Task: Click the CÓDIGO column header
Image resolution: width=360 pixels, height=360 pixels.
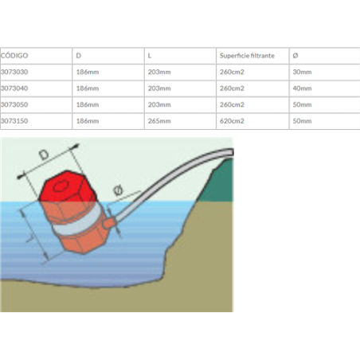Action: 14,56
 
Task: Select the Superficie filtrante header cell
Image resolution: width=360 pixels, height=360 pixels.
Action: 247,56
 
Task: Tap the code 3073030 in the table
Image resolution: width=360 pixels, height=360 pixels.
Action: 14,72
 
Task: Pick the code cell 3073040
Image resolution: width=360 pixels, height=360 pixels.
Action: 14,88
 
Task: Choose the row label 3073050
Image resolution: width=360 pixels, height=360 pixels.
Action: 14,104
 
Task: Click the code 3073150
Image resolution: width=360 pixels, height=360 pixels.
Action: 14,121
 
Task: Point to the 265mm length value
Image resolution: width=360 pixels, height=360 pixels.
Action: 159,121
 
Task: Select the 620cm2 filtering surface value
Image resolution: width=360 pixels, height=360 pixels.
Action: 232,121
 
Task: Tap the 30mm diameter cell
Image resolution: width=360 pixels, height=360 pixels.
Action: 302,72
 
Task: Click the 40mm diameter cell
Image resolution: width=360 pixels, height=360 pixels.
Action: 302,88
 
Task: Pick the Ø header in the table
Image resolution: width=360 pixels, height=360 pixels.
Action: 295,56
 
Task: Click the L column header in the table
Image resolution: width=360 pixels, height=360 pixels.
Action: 150,56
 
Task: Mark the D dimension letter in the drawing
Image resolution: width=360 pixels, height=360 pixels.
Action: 44,155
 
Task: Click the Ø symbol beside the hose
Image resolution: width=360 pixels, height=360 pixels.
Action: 118,190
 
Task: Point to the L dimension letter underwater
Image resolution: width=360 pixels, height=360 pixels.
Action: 30,238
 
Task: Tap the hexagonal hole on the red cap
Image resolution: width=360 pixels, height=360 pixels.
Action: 61,186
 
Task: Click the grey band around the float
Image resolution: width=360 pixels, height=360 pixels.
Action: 77,221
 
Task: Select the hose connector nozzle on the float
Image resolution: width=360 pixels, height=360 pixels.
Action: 109,222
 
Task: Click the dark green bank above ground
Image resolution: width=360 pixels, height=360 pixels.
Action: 217,182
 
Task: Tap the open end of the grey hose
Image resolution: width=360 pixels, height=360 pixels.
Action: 231,152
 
